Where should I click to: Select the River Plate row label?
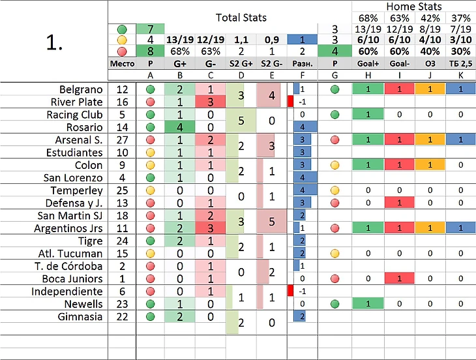coord(77,102)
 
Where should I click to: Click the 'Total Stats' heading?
coord(241,18)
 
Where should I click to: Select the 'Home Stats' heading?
coord(413,7)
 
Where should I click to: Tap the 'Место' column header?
coord(121,63)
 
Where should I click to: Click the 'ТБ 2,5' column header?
coord(460,63)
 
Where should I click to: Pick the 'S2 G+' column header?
coord(241,63)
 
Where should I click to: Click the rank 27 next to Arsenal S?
coord(122,140)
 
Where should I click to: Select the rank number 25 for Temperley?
coord(122,190)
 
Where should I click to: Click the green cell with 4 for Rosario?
coord(177,127)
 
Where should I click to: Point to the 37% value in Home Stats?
coord(460,18)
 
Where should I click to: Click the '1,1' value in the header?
coord(241,40)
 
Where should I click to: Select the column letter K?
coord(460,75)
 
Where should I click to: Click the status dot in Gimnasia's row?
coord(151,316)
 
